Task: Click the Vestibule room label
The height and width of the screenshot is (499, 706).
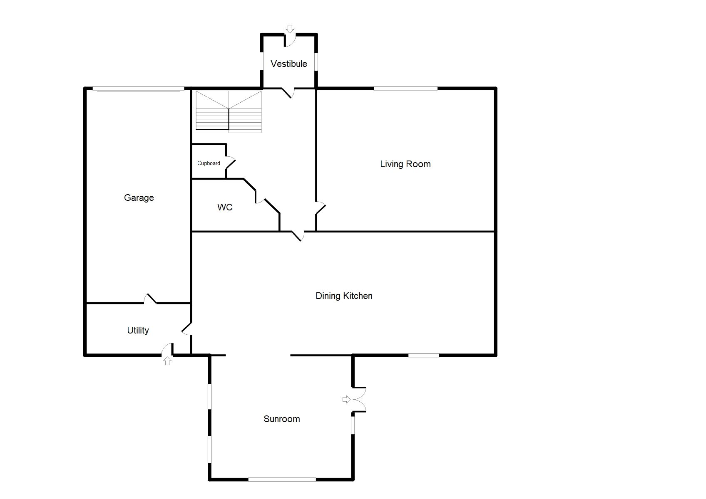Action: (x=288, y=64)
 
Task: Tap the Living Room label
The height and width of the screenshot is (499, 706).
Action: (x=405, y=164)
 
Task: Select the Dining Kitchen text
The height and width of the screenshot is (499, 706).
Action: (x=344, y=296)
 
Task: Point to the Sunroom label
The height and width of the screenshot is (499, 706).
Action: (x=281, y=419)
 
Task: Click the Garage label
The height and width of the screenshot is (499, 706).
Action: (x=139, y=198)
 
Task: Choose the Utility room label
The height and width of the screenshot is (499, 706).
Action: (x=138, y=330)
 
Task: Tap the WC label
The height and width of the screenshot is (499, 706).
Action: (x=225, y=207)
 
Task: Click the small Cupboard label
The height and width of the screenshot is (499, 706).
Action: (x=209, y=163)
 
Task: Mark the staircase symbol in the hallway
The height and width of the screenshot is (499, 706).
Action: (x=229, y=111)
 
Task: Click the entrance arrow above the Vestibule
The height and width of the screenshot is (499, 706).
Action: (x=290, y=29)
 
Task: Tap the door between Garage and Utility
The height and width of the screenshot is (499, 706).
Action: (x=150, y=299)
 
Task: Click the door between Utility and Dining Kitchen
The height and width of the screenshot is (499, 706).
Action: (x=186, y=329)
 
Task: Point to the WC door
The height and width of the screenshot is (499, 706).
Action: (x=260, y=198)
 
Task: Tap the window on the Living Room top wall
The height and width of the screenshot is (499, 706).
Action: (x=405, y=88)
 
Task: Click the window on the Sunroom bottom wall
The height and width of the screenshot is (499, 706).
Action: (x=282, y=479)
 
